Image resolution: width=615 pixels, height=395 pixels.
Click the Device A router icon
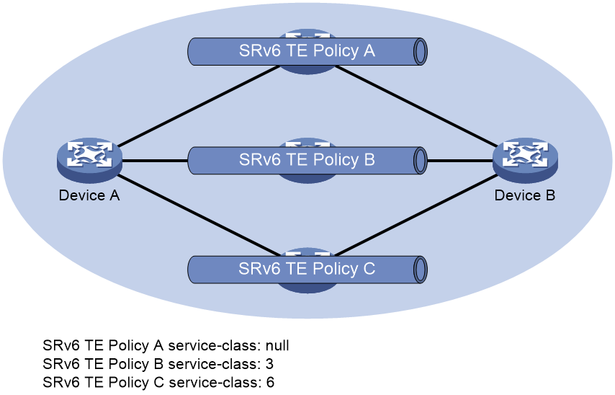pos(89,160)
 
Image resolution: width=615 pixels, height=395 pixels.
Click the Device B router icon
pos(525,160)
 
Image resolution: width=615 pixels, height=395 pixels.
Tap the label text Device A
pos(89,195)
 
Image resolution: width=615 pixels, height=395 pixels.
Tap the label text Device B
pos(525,195)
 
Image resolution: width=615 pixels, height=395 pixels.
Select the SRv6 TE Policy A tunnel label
pos(307,51)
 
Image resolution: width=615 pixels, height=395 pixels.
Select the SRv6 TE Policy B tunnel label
pos(307,160)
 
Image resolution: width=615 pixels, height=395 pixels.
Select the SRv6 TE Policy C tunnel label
pos(307,269)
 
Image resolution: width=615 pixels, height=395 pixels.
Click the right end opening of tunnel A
pos(420,51)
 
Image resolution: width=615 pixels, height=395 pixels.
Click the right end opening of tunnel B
pos(420,161)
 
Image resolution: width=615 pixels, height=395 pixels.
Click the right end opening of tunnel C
pos(420,270)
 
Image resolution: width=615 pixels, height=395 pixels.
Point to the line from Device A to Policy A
pos(199,107)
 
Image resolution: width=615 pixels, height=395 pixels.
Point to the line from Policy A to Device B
pos(417,107)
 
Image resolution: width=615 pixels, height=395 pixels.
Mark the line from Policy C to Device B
pos(417,215)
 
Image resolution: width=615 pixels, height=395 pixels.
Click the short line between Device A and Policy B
pos(156,161)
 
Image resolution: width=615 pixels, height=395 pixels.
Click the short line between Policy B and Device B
pos(460,161)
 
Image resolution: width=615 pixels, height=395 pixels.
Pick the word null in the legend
pos(277,345)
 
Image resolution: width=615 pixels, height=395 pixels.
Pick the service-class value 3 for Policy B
pos(269,364)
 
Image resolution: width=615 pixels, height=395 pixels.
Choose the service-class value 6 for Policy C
pos(270,383)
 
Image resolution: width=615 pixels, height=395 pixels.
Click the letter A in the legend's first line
pos(158,345)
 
